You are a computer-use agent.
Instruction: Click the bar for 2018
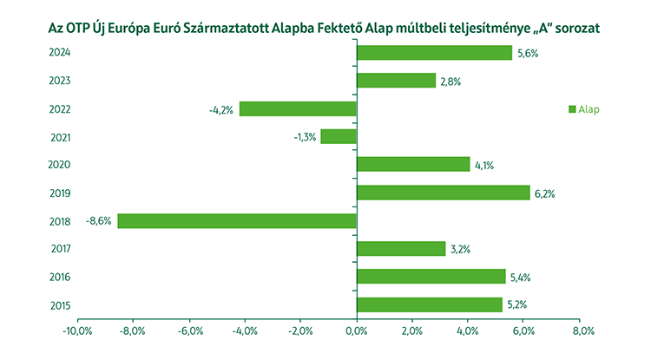coord(237,220)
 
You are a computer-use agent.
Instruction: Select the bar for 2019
coord(443,193)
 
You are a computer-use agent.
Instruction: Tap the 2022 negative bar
coord(298,108)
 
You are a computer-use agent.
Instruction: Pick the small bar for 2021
coord(339,136)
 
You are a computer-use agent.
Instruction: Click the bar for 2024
coord(434,53)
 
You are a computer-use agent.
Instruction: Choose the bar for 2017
coord(401,248)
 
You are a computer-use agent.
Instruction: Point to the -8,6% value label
coord(99,220)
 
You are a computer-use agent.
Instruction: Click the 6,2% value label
coord(543,193)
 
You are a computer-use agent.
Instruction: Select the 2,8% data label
coord(450,81)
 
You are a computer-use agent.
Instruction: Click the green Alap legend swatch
coord(572,109)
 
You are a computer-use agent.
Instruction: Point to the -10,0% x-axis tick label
coord(76,331)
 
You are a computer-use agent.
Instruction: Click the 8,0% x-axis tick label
coord(582,331)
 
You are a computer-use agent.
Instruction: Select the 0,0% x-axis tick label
coord(357,331)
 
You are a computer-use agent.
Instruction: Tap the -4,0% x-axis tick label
coord(245,331)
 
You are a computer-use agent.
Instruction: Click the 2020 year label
coord(60,165)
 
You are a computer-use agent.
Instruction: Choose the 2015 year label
coord(60,304)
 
